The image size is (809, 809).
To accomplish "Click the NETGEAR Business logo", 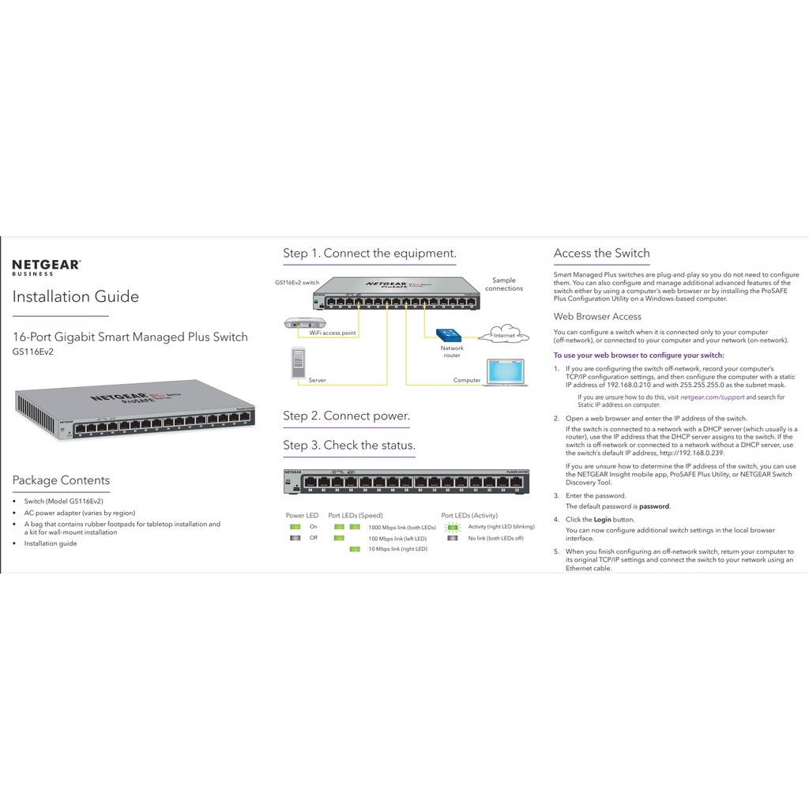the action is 46,266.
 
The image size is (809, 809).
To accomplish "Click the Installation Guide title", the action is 75,297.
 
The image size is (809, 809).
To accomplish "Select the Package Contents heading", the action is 61,480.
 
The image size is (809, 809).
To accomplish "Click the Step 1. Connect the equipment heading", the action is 370,254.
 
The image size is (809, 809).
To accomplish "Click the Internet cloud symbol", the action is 504,333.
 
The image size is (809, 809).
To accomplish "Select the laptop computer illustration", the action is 506,372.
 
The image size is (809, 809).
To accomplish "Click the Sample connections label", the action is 503,284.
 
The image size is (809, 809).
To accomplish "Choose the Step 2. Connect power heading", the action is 346,416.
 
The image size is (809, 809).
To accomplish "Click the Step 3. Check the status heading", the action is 349,446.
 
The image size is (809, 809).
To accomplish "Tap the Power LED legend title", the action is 302,515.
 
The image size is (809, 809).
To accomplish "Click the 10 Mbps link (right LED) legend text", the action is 398,549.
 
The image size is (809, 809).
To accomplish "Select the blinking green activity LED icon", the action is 453,527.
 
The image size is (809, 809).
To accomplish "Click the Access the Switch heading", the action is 601,254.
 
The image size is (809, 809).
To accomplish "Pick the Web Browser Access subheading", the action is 597,317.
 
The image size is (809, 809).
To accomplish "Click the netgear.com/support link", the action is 712,397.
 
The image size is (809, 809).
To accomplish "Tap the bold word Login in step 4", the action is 602,520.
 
